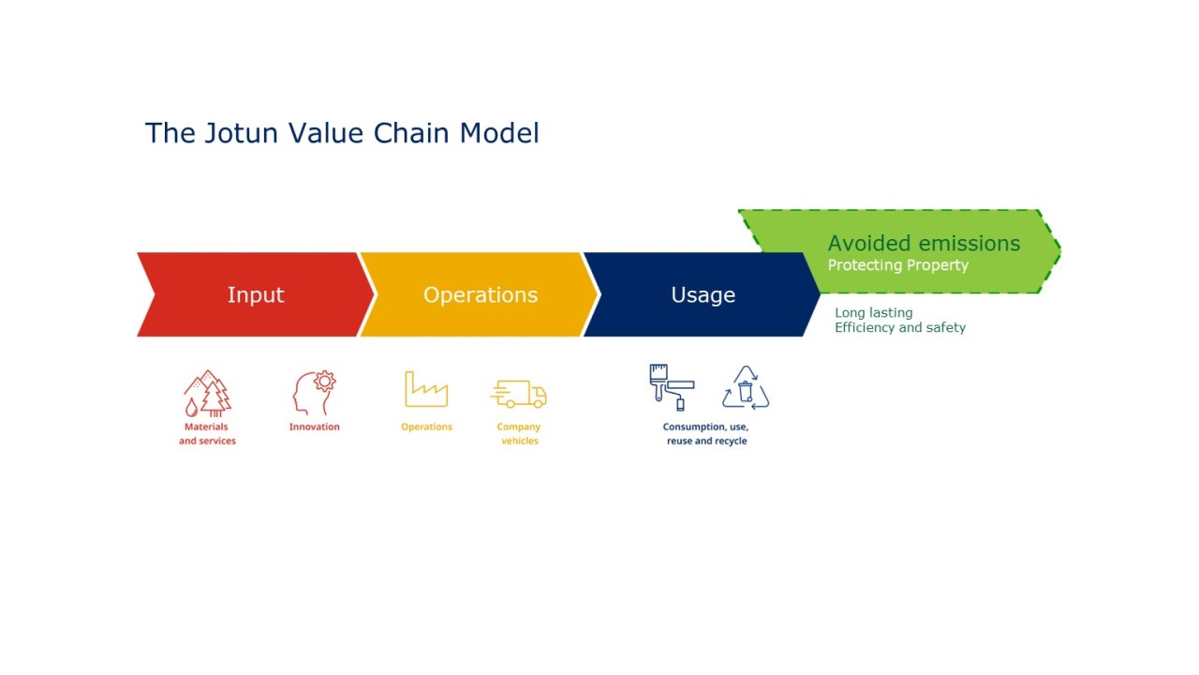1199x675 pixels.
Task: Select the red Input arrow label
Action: (x=255, y=294)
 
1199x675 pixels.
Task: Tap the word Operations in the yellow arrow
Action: (x=480, y=294)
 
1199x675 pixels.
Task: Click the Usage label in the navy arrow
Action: (x=703, y=294)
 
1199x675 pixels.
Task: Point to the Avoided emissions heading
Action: (x=924, y=244)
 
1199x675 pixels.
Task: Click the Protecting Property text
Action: (x=897, y=265)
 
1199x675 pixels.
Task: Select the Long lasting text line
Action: (x=873, y=312)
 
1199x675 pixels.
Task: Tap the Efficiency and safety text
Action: (x=899, y=328)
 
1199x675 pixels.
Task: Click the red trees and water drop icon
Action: (x=207, y=393)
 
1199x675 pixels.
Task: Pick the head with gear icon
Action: (x=314, y=393)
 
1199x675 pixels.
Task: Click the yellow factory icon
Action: (x=426, y=389)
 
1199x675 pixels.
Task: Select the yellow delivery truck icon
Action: (x=518, y=394)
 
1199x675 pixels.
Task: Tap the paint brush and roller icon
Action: (x=672, y=387)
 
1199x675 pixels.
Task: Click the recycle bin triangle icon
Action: (x=746, y=388)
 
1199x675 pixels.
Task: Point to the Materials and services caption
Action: (x=207, y=434)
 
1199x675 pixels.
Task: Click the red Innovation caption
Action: (x=314, y=427)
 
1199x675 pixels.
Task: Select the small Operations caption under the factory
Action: (x=426, y=427)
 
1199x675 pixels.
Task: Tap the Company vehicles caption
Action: (x=519, y=434)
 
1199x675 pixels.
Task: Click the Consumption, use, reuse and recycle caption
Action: (x=706, y=434)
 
